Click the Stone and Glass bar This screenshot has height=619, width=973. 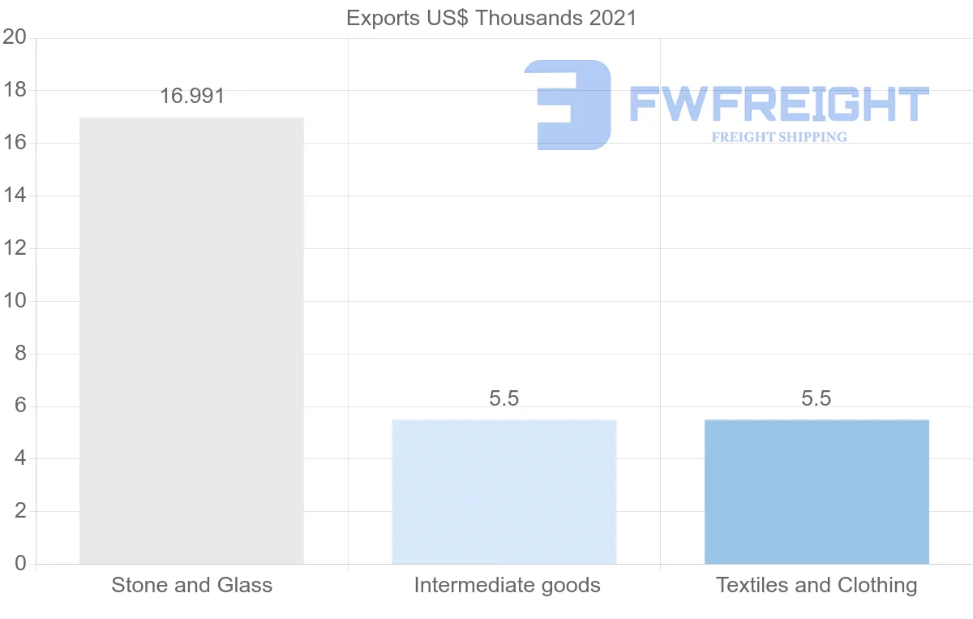(x=191, y=341)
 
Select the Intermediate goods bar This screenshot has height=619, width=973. (x=504, y=492)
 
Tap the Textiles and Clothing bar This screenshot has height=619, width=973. (x=817, y=492)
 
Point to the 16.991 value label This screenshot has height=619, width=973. (x=191, y=96)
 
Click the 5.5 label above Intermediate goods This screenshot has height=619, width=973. (x=504, y=398)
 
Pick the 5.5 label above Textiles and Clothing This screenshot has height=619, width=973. (x=817, y=398)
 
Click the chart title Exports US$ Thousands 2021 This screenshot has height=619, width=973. (x=491, y=18)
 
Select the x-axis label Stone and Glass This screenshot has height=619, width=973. (x=191, y=585)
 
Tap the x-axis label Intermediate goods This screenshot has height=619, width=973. (x=507, y=585)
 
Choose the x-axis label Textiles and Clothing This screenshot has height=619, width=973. (x=817, y=585)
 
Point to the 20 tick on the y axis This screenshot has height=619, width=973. (x=15, y=37)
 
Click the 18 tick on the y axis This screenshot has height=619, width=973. (x=15, y=90)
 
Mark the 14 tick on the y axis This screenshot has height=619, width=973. (x=15, y=196)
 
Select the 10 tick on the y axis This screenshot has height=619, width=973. (x=15, y=301)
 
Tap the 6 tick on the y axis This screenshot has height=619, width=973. (x=19, y=406)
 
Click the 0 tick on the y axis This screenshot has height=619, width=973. (x=19, y=564)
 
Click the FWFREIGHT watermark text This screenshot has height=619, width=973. (x=778, y=105)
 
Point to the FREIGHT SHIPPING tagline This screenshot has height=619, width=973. (x=779, y=137)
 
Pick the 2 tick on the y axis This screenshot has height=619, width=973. (x=19, y=511)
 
